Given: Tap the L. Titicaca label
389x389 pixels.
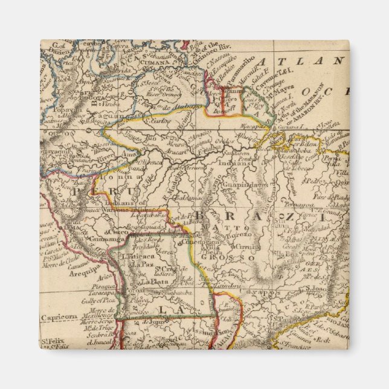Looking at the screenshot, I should click(x=138, y=257).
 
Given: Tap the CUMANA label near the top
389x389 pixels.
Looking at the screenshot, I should click(x=154, y=62).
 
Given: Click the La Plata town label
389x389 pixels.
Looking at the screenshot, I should click(x=150, y=282).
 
